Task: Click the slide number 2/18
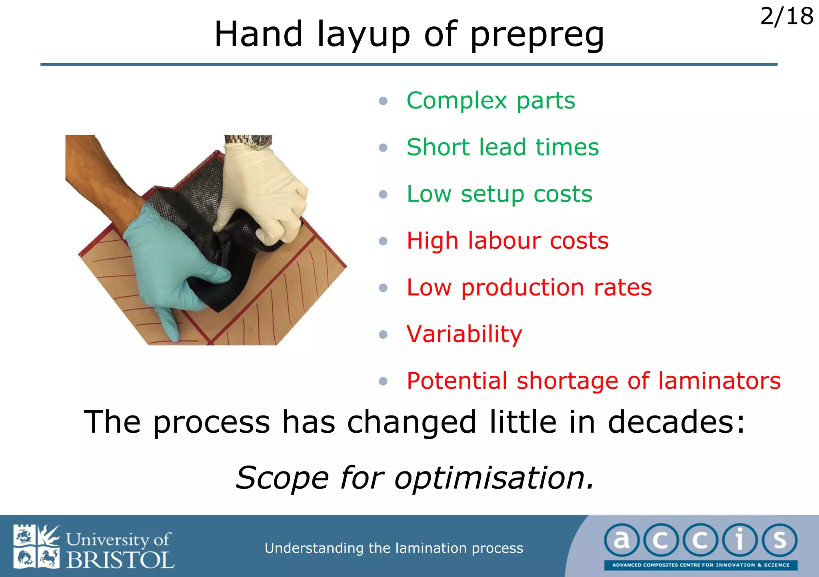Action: point(786,17)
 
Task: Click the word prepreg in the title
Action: point(537,35)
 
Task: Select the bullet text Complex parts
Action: point(491,100)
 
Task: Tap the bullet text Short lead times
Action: point(503,147)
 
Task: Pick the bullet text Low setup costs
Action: point(499,194)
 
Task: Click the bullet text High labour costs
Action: point(507,241)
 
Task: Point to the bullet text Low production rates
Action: point(529,288)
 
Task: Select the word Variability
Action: point(464,334)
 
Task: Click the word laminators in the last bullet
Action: point(719,381)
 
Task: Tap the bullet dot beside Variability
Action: point(383,334)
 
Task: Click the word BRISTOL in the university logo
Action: point(120,560)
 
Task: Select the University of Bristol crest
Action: point(36,546)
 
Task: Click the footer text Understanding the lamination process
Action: point(394,548)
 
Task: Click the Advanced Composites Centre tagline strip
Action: point(701,565)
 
